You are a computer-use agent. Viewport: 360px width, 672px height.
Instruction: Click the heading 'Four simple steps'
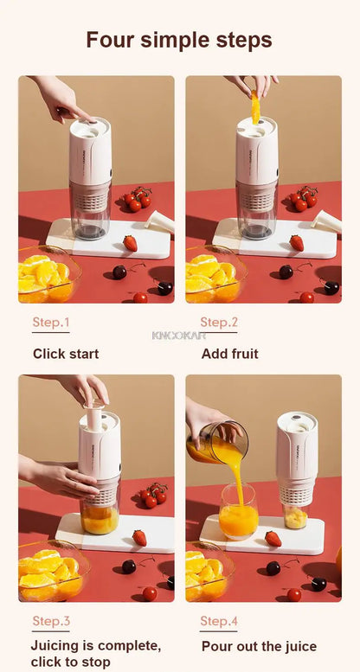[179, 40]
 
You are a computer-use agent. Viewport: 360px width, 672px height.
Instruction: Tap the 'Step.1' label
[51, 323]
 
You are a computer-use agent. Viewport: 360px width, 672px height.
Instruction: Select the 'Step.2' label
[219, 323]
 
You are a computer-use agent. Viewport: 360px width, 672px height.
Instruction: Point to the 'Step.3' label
[51, 621]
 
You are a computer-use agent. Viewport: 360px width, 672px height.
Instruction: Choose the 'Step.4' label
[219, 621]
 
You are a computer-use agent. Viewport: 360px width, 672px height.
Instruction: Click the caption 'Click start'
[66, 354]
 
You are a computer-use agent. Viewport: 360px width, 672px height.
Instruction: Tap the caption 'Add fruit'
[229, 354]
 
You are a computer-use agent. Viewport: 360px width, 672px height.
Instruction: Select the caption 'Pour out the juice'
[259, 646]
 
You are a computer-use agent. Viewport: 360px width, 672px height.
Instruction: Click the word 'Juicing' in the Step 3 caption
[55, 646]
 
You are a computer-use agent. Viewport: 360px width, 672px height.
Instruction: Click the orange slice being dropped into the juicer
[255, 107]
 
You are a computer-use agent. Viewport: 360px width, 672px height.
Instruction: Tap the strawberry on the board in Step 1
[130, 243]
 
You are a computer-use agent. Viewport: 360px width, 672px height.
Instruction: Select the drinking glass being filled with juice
[238, 512]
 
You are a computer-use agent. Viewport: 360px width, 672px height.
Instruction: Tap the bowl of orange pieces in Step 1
[47, 277]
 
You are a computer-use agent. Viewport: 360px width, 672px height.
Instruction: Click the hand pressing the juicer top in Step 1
[60, 98]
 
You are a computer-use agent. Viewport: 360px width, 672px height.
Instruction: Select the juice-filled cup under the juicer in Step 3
[100, 516]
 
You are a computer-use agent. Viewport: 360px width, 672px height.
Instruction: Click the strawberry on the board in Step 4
[273, 539]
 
